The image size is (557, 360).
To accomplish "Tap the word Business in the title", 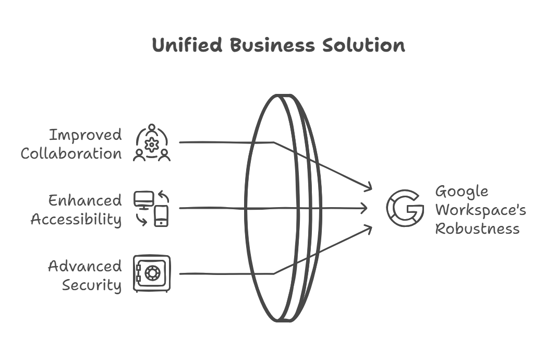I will point(272,45).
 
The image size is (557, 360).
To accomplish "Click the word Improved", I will point(86,135).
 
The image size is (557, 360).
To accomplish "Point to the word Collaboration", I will point(71,154).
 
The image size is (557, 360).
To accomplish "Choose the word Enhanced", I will point(85,200).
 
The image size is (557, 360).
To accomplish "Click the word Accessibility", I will point(76,219).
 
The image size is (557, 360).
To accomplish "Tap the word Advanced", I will point(85,266).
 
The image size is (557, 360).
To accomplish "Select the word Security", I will point(92,285).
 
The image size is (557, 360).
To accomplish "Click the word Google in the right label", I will point(462,191).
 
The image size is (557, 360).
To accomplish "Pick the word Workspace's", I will point(481,210).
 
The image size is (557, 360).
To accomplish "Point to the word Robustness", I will point(477,229).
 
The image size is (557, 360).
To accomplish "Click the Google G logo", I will point(405,209).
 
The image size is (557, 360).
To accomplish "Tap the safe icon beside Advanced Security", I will point(151,273).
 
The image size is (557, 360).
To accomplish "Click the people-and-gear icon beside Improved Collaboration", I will point(152,142).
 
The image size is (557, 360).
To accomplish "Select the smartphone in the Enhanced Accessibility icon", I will point(162,216).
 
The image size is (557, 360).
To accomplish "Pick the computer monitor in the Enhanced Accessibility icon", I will point(144,200).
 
